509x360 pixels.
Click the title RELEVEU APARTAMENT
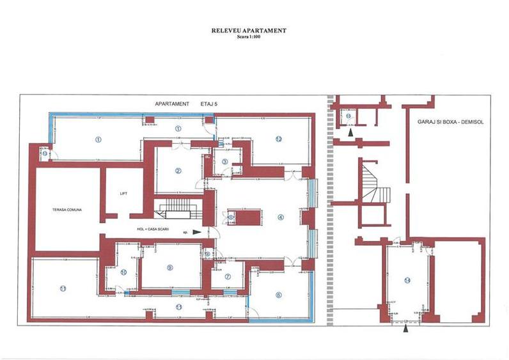(x=249, y=30)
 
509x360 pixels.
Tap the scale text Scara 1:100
(x=249, y=36)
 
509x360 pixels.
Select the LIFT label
(x=124, y=192)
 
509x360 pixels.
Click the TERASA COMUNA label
(x=67, y=209)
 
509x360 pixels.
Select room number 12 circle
(x=279, y=139)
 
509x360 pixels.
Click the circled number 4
(x=280, y=216)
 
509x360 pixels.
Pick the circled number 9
(x=169, y=267)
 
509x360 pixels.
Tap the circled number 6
(x=279, y=295)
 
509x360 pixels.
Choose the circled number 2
(x=179, y=170)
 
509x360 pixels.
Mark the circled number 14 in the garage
(x=407, y=280)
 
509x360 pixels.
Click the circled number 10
(x=123, y=272)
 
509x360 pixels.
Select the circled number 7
(x=228, y=276)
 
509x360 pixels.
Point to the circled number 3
(x=224, y=161)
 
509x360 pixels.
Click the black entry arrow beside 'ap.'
(x=196, y=232)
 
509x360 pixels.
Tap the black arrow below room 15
(x=350, y=132)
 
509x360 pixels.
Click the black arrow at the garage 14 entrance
(x=406, y=329)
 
